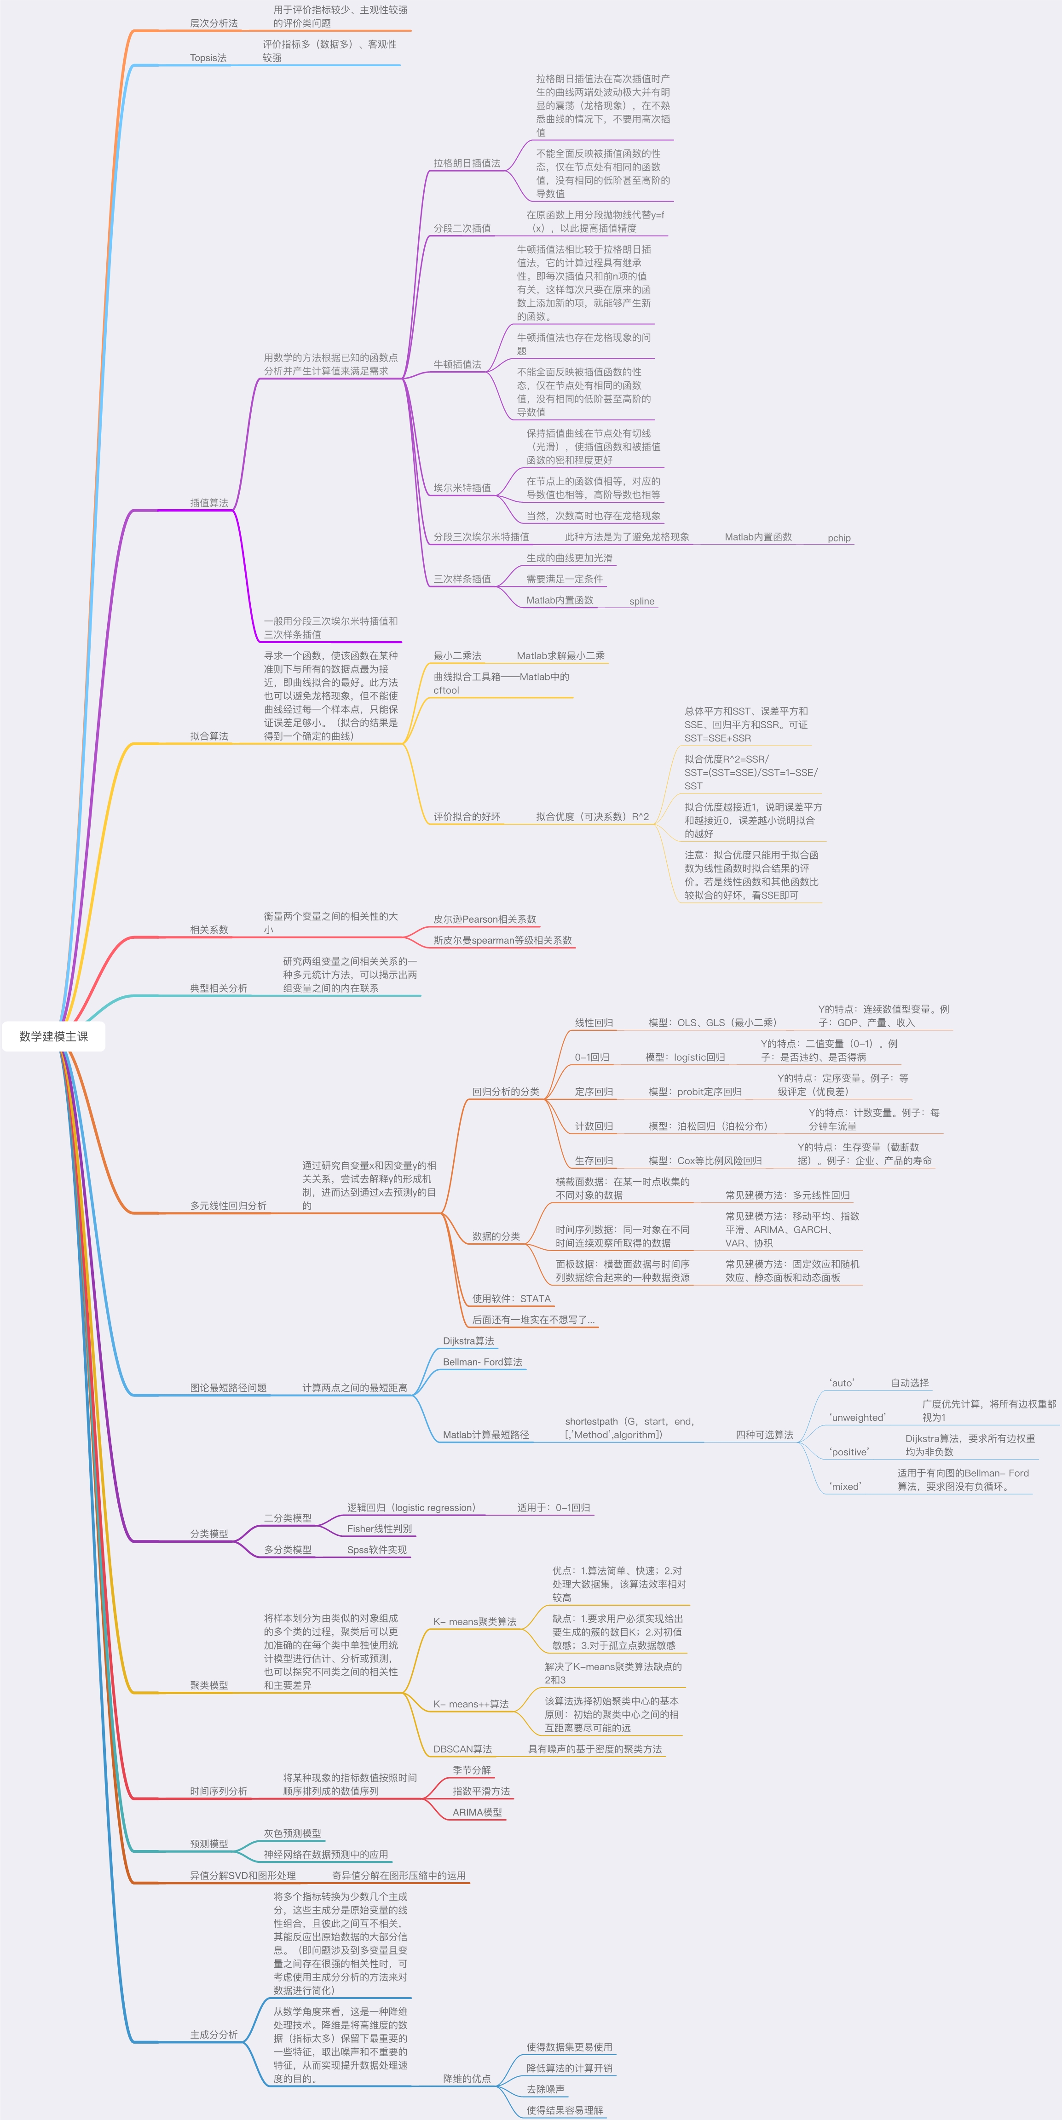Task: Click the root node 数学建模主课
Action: coord(53,1036)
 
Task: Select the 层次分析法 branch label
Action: coord(214,23)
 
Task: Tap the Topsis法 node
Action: coord(208,57)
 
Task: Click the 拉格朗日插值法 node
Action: coord(467,163)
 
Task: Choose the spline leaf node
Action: coord(642,602)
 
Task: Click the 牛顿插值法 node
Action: coord(458,364)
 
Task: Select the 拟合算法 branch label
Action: coord(209,736)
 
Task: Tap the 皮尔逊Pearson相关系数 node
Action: coord(485,919)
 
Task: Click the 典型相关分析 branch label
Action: coord(219,988)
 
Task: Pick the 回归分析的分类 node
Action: coord(506,1091)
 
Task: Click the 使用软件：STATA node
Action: coord(511,1298)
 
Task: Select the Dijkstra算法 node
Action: coord(468,1341)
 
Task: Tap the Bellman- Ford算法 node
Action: coord(482,1362)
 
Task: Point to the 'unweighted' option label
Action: coord(857,1417)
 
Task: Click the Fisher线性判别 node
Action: coord(380,1528)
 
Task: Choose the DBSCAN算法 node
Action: coord(463,1749)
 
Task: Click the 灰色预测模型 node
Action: coord(292,1833)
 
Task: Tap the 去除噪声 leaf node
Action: coord(546,2089)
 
